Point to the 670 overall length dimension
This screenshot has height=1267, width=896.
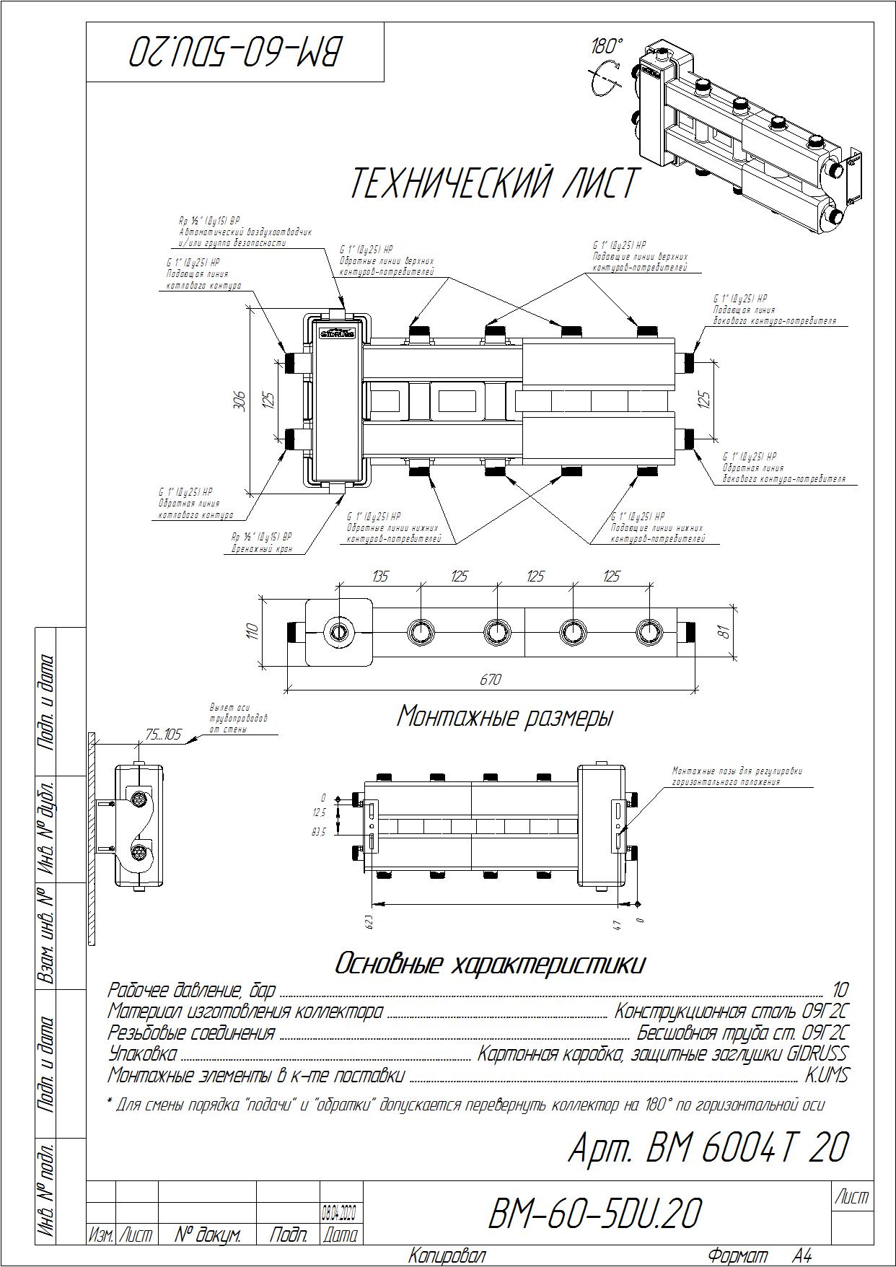[490, 680]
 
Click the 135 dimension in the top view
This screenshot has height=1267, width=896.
[379, 576]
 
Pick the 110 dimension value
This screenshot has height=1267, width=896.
[252, 632]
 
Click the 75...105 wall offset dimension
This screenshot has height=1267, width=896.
[163, 735]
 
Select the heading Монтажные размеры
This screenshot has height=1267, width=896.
[504, 717]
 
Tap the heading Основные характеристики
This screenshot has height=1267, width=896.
[490, 964]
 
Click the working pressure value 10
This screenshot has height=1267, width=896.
[840, 990]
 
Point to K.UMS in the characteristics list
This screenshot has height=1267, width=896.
[827, 1076]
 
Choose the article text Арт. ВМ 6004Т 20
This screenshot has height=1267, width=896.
[708, 1148]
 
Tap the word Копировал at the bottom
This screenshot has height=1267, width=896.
[447, 1256]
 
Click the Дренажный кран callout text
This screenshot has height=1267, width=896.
[261, 548]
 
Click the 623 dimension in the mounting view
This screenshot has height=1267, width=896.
[369, 923]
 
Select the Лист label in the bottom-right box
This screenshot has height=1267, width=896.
[851, 1198]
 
